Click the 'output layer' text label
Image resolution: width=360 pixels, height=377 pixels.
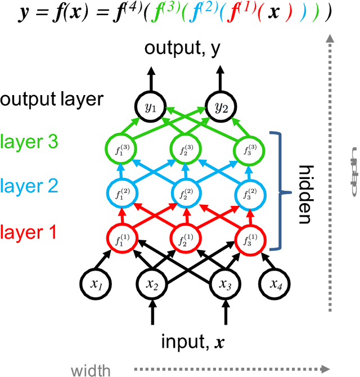[x=52, y=100]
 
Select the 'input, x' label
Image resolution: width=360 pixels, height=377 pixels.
[x=187, y=342]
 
